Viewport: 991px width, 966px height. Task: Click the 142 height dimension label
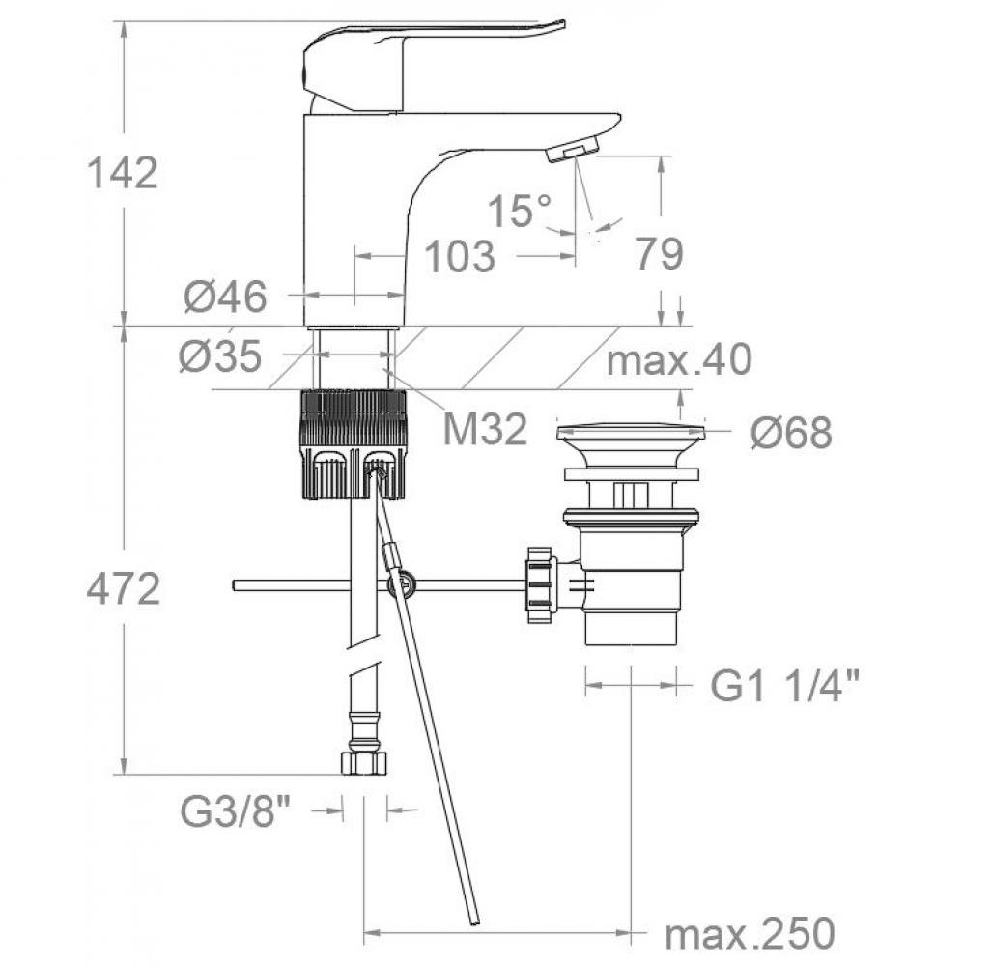122,173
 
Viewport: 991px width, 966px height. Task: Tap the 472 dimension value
123,588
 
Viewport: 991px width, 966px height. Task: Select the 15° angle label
521,210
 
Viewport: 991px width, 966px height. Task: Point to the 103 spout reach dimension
460,257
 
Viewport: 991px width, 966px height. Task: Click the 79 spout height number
659,253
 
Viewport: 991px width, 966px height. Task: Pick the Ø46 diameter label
226,297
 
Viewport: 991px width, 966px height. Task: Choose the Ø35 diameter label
220,355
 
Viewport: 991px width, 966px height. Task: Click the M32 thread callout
485,429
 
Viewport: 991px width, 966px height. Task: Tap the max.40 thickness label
679,359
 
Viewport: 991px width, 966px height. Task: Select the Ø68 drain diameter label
791,433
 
